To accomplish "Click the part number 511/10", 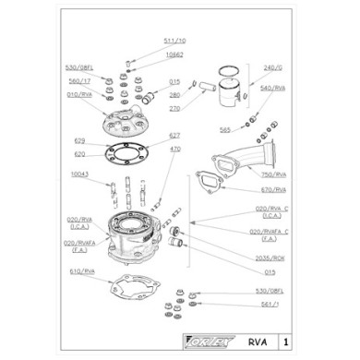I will tap(174, 41).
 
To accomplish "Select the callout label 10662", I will tap(174, 54).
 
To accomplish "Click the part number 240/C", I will tap(270, 67).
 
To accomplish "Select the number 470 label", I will tap(175, 149).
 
